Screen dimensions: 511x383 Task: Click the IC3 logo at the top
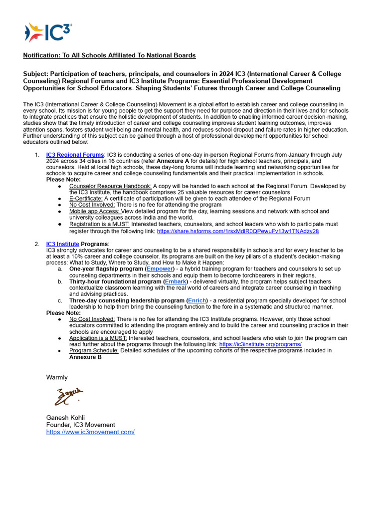click(x=48, y=32)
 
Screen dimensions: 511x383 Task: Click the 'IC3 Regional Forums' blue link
click(x=75, y=155)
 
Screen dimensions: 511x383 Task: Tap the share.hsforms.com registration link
click(x=238, y=232)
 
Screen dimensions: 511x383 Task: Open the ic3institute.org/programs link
click(x=260, y=344)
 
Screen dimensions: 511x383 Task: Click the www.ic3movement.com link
click(x=90, y=432)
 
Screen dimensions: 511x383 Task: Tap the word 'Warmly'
click(x=57, y=377)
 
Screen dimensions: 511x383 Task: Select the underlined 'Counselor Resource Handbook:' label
click(x=110, y=186)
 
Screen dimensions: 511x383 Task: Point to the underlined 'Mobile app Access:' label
click(x=95, y=212)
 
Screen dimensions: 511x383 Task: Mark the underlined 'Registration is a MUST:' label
click(x=99, y=225)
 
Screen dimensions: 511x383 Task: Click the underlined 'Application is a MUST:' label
click(x=98, y=338)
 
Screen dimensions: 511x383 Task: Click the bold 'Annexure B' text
click(x=85, y=357)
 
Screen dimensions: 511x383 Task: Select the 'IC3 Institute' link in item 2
click(x=62, y=244)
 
